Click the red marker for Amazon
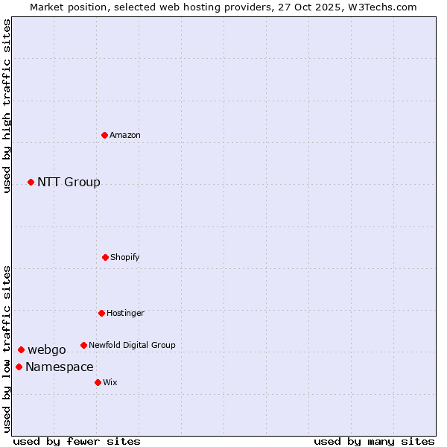[104, 135]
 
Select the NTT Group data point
[31, 182]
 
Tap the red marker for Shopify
[105, 257]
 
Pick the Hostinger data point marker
[101, 313]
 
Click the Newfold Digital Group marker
[83, 345]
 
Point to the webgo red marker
[21, 349]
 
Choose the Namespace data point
[19, 367]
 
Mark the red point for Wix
[98, 382]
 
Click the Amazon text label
[125, 135]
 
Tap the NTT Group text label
[69, 183]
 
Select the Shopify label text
[125, 257]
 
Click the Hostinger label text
[125, 313]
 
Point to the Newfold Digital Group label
[132, 345]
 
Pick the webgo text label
[47, 350]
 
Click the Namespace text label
[60, 367]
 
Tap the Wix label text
[110, 382]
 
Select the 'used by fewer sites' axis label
[77, 441]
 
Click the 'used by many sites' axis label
[374, 441]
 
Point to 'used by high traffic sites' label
[7, 106]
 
